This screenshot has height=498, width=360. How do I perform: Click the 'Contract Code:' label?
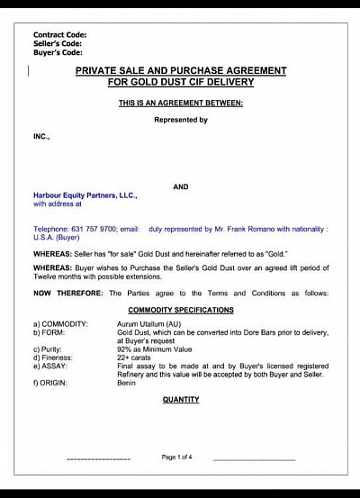point(60,35)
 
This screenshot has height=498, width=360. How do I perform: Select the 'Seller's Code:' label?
point(58,43)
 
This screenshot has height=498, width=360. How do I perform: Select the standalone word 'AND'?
point(180,186)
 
